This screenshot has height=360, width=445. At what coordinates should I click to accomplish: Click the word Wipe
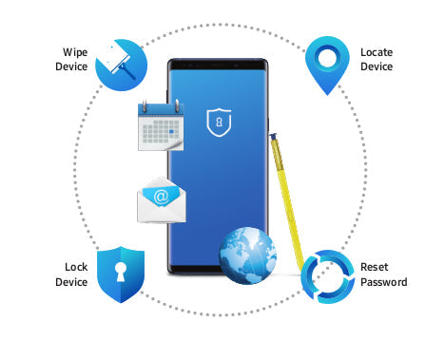74,53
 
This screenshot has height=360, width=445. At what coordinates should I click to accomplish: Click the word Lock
75,268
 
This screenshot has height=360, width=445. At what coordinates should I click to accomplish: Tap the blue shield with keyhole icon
121,275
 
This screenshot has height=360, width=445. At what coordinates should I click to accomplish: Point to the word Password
384,282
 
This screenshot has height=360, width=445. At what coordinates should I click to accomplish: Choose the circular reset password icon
327,274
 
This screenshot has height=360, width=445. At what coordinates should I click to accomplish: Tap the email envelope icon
163,199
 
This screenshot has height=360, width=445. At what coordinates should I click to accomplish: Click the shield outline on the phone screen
219,122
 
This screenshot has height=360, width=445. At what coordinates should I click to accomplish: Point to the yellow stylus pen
289,203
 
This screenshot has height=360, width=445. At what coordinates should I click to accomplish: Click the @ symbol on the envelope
162,197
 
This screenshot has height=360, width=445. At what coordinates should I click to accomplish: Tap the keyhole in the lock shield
121,272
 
